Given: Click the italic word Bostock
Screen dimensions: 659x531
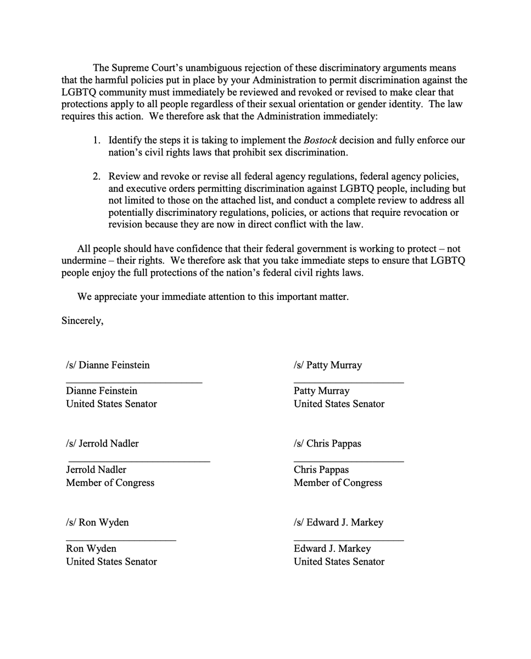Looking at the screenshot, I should pos(320,140).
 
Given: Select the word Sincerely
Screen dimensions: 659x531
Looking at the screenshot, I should pos(81,321).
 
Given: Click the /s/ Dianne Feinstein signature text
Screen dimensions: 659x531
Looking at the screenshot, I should pos(108,365).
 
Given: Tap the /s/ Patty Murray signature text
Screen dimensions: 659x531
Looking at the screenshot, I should pos(327,365).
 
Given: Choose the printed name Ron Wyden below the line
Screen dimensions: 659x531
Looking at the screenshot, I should pos(91,549).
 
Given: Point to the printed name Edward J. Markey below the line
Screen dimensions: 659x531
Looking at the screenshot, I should pos(332,549).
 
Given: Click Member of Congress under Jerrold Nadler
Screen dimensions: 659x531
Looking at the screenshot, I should pos(110,483).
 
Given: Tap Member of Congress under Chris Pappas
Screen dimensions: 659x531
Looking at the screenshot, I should pos(338,483).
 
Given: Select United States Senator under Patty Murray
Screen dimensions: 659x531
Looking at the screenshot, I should pos(339,404).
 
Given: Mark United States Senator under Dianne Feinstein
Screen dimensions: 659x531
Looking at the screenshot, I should pos(111,404).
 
